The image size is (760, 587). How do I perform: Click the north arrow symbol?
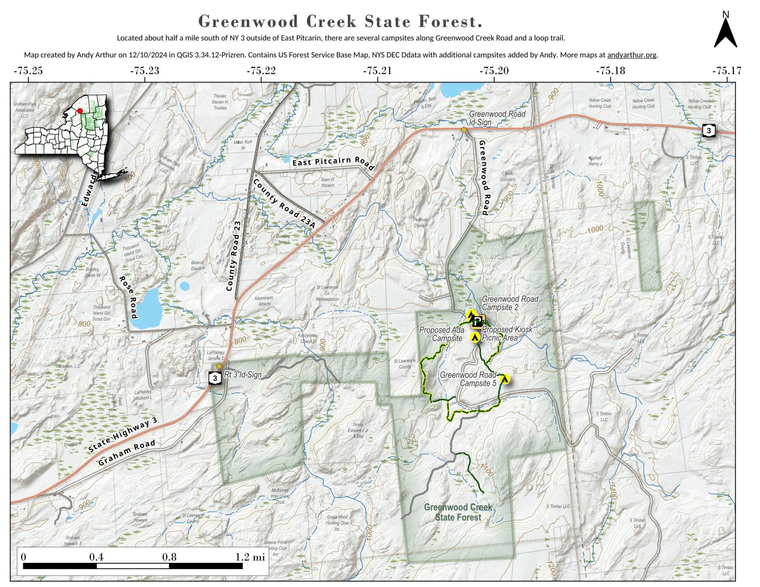pyautogui.click(x=725, y=34)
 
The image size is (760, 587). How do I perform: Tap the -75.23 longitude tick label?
pyautogui.click(x=144, y=71)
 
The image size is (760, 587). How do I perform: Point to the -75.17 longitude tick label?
pyautogui.click(x=727, y=71)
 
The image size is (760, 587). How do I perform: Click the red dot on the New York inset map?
pyautogui.click(x=80, y=111)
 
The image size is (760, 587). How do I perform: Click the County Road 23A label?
pyautogui.click(x=284, y=203)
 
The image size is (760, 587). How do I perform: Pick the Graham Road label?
pyautogui.click(x=126, y=453)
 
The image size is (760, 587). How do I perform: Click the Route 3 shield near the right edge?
pyautogui.click(x=709, y=131)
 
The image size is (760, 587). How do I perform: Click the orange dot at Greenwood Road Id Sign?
pyautogui.click(x=464, y=130)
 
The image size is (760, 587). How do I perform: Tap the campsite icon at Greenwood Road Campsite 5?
pyautogui.click(x=505, y=379)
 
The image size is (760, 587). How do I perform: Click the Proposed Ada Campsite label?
pyautogui.click(x=442, y=334)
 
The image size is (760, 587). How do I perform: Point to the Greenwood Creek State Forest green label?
pyautogui.click(x=458, y=512)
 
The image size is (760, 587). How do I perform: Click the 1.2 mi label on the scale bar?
pyautogui.click(x=250, y=557)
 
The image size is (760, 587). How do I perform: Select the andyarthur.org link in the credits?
pyautogui.click(x=631, y=55)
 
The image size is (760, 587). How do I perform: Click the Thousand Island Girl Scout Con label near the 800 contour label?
pyautogui.click(x=102, y=313)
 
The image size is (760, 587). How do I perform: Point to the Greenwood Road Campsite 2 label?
pyautogui.click(x=510, y=303)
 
